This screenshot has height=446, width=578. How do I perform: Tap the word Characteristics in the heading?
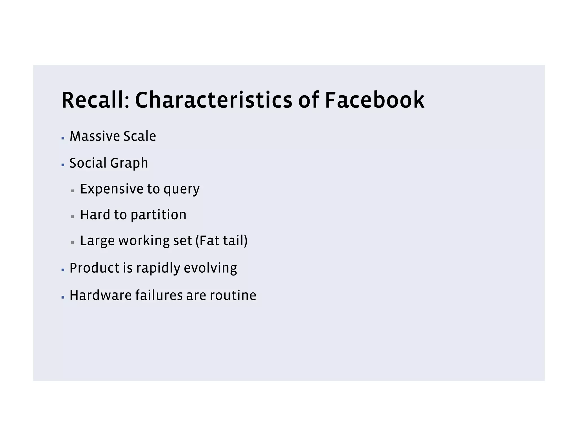pyautogui.click(x=214, y=100)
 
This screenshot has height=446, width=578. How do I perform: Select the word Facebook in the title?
pyautogui.click(x=375, y=100)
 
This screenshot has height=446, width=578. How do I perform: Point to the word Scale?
pyautogui.click(x=140, y=136)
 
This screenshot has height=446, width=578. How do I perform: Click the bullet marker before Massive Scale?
pyautogui.click(x=63, y=138)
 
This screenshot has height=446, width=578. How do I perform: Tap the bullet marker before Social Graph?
pyautogui.click(x=63, y=165)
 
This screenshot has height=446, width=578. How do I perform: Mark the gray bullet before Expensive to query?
pyautogui.click(x=73, y=191)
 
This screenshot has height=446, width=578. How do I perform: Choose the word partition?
pyautogui.click(x=159, y=215)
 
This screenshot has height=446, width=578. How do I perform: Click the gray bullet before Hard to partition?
pyautogui.click(x=73, y=217)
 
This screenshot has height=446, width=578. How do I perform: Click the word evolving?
pyautogui.click(x=210, y=268)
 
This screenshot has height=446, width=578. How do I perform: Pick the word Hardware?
pyautogui.click(x=100, y=295)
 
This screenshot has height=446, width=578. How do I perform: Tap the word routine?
pyautogui.click(x=233, y=295)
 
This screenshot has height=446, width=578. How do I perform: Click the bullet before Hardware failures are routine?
pyautogui.click(x=63, y=297)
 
